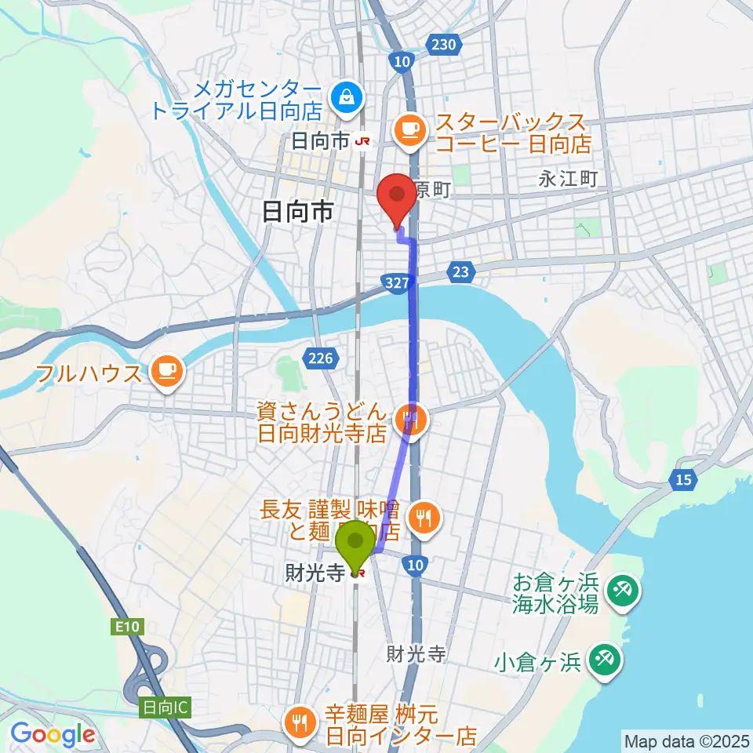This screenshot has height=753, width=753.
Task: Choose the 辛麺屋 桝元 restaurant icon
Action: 300,719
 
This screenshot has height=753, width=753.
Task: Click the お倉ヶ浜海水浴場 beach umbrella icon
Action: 624,587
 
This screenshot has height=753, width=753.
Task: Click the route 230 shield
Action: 444,45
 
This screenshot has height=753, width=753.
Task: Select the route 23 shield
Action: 460,272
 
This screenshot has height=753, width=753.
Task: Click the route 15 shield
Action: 682,478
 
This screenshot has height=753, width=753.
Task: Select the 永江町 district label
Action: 568,179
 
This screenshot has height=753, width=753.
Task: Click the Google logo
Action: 53,735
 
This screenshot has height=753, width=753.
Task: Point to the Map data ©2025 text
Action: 686,740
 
